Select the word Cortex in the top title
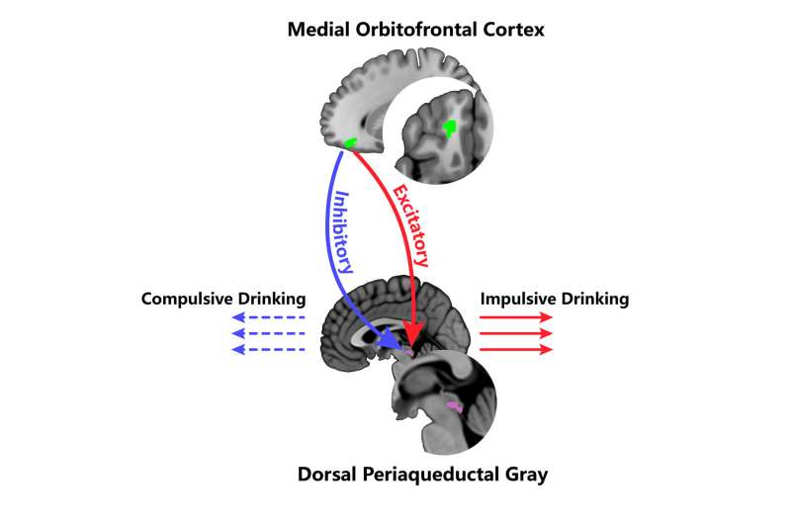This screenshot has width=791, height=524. [513, 30]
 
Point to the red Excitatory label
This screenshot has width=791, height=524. [410, 225]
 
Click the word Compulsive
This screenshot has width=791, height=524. [184, 299]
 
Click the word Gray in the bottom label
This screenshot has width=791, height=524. [526, 476]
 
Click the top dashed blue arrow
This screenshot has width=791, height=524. [268, 317]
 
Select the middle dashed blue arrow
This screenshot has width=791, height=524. [268, 333]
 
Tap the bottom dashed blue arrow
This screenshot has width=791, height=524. [268, 350]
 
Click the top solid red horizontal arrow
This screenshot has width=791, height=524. [516, 317]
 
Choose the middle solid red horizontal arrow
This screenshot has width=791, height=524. [516, 333]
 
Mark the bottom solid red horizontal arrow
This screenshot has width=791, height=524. [516, 350]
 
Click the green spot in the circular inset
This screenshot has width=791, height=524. [449, 129]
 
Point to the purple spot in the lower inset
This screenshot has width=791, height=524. [455, 406]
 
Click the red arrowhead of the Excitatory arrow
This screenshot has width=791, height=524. [413, 335]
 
